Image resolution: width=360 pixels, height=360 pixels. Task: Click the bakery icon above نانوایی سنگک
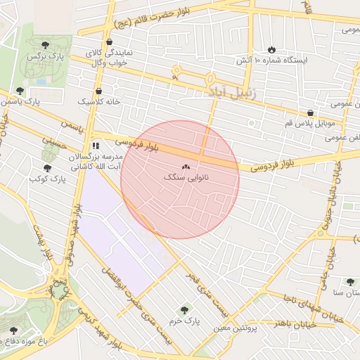tap(186, 167)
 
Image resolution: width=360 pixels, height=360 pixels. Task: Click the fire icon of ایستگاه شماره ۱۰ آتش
tap(271, 49)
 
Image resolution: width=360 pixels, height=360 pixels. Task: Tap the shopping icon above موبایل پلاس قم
tap(310, 112)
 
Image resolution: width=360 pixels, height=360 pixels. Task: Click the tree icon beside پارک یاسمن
tap(20, 91)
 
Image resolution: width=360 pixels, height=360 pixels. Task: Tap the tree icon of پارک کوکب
tap(47, 168)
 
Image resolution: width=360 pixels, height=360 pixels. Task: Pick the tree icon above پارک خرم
tap(185, 309)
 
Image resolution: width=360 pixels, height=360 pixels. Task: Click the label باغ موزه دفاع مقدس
tap(34, 341)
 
